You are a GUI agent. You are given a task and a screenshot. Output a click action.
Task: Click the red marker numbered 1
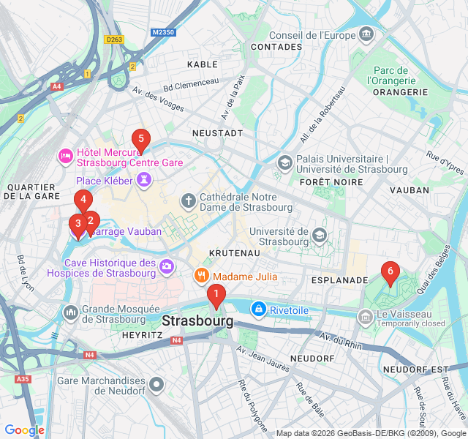[216, 296]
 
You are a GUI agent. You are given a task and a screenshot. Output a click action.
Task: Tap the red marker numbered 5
[140, 139]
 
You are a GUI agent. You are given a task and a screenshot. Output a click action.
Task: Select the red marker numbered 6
[390, 273]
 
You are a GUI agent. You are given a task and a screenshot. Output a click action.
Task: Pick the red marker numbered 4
[83, 200]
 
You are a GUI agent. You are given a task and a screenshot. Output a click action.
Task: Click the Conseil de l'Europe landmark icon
[366, 34]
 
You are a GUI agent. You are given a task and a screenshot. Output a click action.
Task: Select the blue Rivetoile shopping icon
[257, 310]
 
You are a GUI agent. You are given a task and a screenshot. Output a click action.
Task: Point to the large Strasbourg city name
[198, 321]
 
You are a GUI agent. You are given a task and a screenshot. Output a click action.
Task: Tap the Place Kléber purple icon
[146, 180]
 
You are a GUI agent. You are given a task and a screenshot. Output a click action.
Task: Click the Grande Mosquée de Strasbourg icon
[71, 313]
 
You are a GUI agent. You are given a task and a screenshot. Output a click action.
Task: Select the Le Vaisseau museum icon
[365, 317]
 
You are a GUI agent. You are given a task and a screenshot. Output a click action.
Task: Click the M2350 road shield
[164, 32]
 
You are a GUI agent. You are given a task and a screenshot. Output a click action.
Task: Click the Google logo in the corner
[24, 430]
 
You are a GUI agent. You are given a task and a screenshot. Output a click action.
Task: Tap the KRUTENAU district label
[235, 252]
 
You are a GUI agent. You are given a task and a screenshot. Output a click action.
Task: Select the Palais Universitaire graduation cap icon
[284, 162]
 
